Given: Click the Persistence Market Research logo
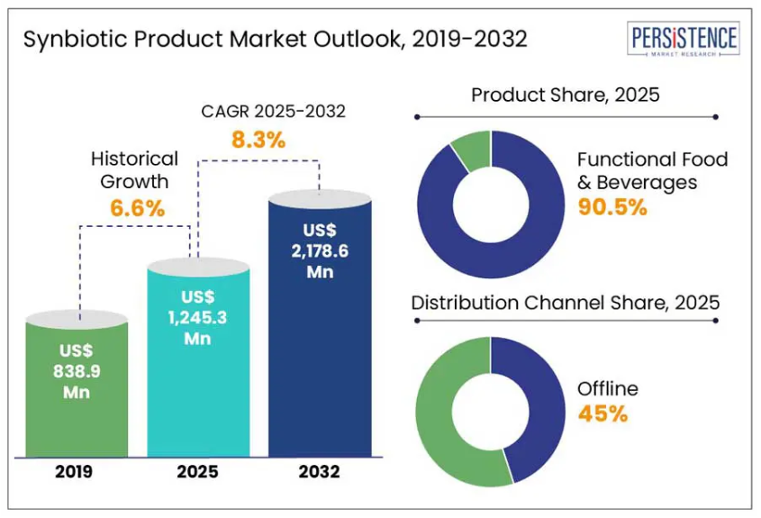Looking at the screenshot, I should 684,40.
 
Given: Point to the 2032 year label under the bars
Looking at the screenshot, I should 321,471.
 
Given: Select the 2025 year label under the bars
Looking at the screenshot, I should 197,471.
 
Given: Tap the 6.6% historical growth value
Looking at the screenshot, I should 137,209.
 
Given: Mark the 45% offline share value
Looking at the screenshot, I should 602,414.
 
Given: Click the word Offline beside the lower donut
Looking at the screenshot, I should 608,389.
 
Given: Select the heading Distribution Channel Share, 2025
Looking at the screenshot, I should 566,303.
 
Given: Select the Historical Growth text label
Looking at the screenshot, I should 135,169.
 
